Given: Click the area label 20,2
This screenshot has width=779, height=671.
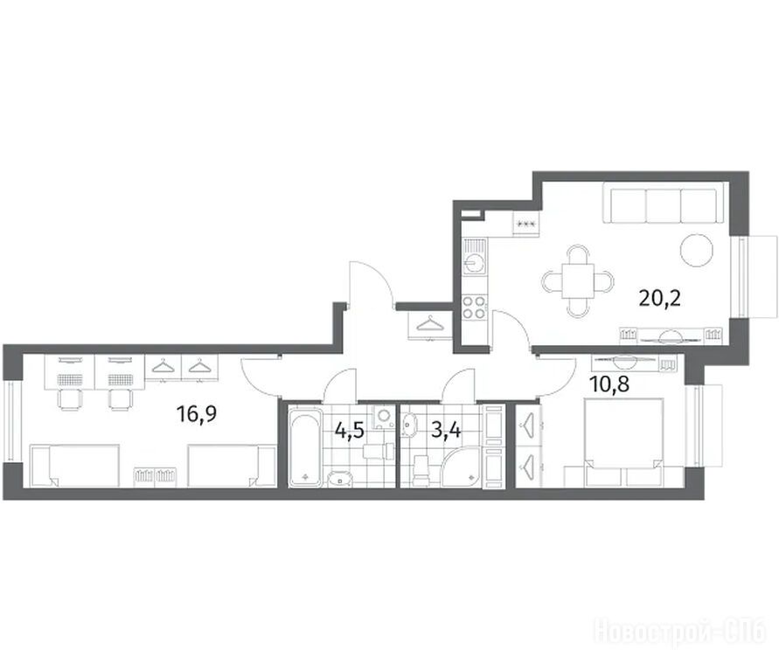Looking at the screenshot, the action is coord(659,299).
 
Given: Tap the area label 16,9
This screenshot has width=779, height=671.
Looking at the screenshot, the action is coord(197,413).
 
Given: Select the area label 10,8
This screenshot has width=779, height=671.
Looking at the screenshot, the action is coord(609,384).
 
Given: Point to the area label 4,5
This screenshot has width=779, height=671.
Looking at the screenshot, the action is coord(350,430).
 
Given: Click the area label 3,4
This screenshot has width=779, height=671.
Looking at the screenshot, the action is coord(446,430).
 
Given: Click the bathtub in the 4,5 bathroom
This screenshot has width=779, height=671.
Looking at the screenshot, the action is coord(305,446).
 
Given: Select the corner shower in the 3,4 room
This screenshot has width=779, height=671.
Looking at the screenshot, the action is coord(462,467).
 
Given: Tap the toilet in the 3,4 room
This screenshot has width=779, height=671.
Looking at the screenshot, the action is coord(421,469).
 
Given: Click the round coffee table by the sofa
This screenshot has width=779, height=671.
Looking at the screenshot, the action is coord(696,250).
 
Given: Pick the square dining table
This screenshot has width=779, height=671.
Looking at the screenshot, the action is coord(578,280).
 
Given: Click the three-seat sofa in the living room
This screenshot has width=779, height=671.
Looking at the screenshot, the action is coord(661,204).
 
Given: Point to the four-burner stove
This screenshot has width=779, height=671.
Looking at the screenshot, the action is coord(475,307).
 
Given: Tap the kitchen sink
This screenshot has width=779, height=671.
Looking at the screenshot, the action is coord(475,256).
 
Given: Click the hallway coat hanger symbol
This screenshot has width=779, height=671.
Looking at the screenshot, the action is coord(430,324).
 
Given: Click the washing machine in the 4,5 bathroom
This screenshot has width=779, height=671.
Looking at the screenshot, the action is coord(383,417).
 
